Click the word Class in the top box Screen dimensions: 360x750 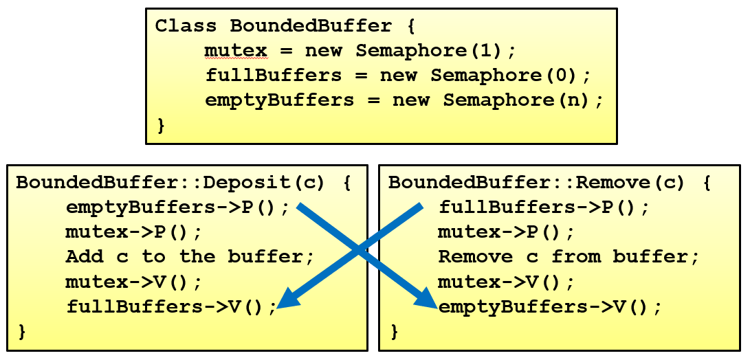coord(186,26)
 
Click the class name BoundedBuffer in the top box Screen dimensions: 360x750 coord(311,26)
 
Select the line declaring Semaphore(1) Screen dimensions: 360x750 coord(360,51)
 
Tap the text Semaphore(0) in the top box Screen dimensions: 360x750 coord(511,76)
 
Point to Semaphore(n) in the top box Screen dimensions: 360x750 coord(522,100)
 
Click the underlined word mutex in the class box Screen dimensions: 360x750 coord(236,51)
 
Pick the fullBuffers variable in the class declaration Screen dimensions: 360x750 coord(273,76)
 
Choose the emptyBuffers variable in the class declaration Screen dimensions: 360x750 coord(279,100)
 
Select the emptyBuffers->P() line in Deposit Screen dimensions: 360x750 coord(178,207)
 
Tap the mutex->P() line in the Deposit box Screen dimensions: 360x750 coord(134,232)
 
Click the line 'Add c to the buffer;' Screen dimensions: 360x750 coord(190,257)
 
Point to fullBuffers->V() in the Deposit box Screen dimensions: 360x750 coord(171,306)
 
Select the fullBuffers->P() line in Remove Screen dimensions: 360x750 coord(544,207)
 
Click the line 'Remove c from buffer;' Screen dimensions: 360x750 coord(569,257)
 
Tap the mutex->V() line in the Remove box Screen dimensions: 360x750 coord(507,282)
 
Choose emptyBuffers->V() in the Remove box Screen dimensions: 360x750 coord(550,306)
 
